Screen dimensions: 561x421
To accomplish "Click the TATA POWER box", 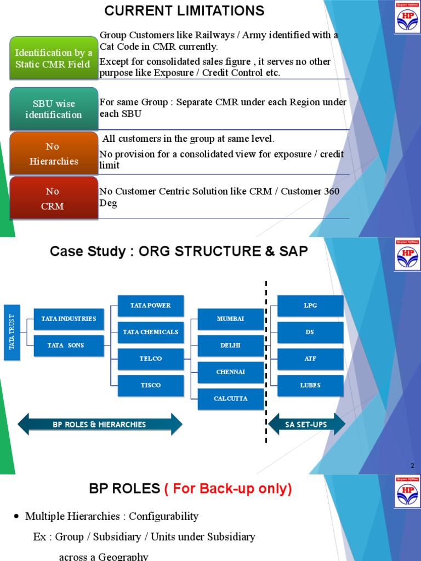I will (x=151, y=306).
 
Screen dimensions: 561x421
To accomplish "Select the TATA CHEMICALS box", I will (x=151, y=332).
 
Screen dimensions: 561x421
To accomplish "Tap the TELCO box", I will (x=151, y=359).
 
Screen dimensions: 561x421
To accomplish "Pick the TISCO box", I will (x=151, y=385).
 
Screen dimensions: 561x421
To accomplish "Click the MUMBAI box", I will (x=230, y=319).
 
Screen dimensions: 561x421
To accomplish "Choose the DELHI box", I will (x=230, y=346).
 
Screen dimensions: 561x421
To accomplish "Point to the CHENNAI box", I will (x=230, y=372).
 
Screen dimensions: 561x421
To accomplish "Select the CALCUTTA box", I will (x=230, y=399).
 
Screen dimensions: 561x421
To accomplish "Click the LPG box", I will (x=310, y=306).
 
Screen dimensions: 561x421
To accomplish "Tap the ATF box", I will (x=310, y=359).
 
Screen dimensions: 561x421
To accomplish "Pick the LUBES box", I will (x=310, y=385).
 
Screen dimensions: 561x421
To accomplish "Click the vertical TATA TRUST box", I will (x=12, y=333).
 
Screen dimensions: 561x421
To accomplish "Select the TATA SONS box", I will (x=69, y=346).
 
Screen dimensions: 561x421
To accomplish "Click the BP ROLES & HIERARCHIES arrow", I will (x=100, y=424).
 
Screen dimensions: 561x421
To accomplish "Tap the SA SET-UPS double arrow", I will (x=306, y=424).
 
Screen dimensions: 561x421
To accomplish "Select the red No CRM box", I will (x=54, y=198).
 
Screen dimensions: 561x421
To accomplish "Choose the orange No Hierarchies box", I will (x=54, y=153).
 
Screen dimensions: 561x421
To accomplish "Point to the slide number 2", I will (x=413, y=466).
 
